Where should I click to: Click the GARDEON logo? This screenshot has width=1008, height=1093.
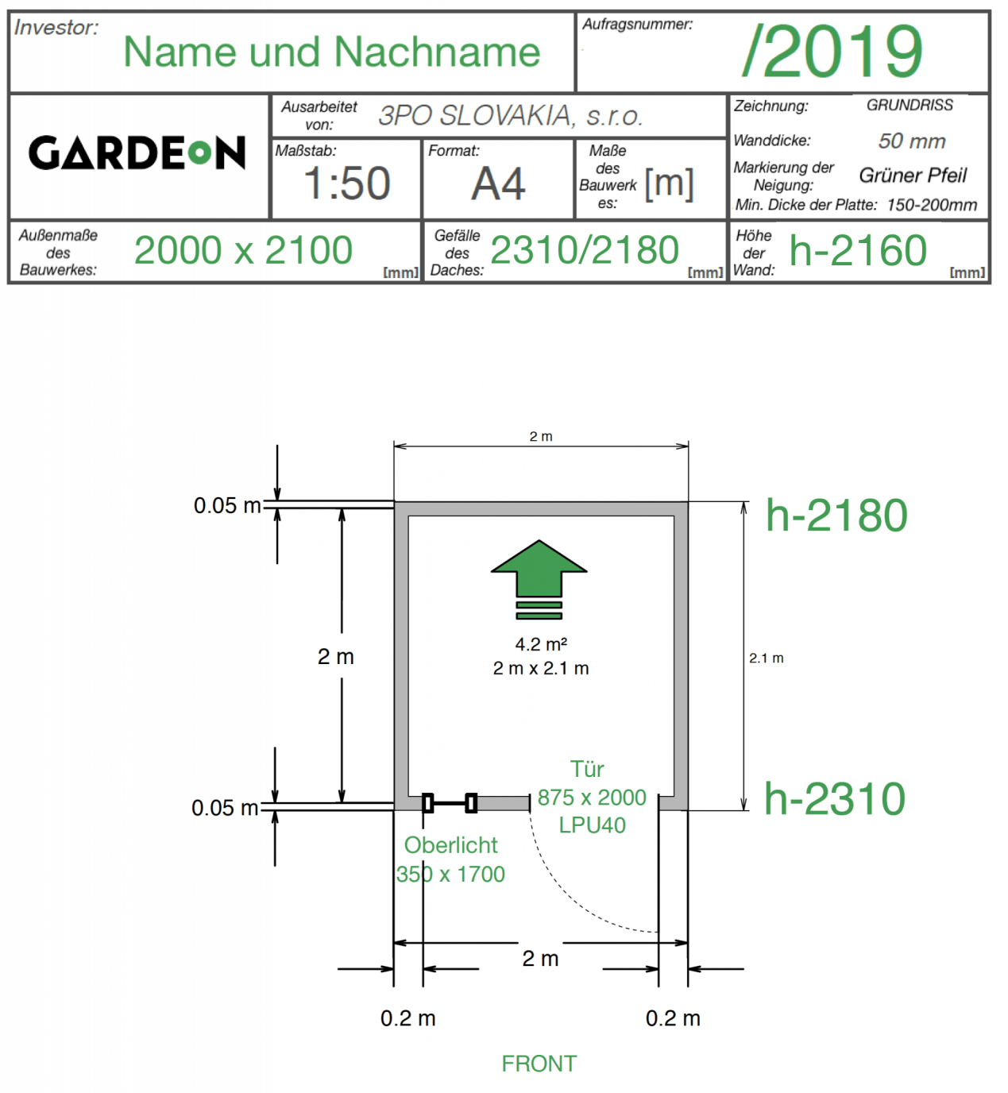coord(137,153)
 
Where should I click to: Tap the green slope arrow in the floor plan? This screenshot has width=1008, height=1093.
coord(539,580)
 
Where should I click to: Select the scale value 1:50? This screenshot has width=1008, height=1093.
coord(347,183)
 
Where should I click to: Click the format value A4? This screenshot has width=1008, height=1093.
coord(498,183)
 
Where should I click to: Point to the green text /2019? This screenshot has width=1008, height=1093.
coord(832,51)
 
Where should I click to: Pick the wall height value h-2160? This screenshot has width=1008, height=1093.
coord(858,250)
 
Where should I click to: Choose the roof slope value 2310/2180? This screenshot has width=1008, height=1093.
coord(584,250)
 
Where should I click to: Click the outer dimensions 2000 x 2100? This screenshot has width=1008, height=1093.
coord(243,250)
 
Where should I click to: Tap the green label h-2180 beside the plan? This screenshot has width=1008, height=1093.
coord(836,516)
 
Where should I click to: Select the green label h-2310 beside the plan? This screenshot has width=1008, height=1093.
coord(835,798)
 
